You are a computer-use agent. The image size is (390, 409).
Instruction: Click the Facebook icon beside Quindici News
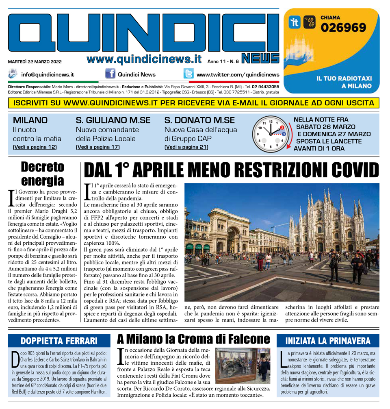click(110, 74)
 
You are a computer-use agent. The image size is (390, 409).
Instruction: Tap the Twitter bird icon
click(188, 74)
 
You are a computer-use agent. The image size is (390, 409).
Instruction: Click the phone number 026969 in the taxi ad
click(343, 28)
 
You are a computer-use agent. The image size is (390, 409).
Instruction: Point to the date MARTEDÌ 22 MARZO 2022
click(35, 62)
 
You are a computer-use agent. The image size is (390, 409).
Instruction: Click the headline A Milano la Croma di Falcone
click(193, 339)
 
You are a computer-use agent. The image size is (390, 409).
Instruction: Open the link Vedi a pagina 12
click(35, 147)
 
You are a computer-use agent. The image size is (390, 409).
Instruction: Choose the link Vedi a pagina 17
click(97, 147)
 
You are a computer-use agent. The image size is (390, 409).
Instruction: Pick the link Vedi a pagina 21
click(186, 147)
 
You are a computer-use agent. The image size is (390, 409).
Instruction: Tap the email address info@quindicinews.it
click(48, 74)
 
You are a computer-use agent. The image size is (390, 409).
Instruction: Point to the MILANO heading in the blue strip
click(30, 120)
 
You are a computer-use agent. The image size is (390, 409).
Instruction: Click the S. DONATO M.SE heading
click(199, 120)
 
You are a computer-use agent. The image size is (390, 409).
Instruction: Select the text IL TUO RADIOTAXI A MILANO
click(344, 82)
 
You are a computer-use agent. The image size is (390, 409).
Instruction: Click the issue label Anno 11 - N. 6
click(223, 62)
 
